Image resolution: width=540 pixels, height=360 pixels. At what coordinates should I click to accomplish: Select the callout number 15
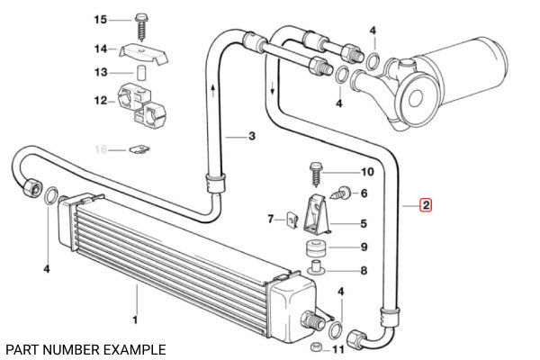click(101, 20)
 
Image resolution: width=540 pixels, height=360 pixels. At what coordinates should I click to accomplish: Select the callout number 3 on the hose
click(253, 136)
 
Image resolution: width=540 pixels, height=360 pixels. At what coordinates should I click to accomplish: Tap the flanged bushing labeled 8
click(318, 269)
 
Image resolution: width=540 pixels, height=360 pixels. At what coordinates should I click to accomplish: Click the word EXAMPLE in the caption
click(133, 348)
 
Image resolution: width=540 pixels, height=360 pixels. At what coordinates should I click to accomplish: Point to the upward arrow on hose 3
click(212, 89)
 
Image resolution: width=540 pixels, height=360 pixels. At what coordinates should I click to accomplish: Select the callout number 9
click(364, 247)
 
